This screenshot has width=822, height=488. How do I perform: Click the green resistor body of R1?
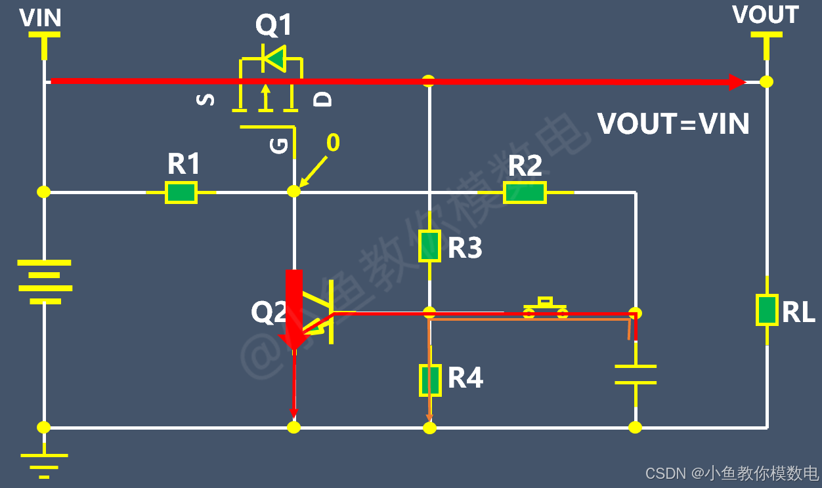pyautogui.click(x=181, y=192)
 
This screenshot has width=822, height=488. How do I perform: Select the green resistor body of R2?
pyautogui.click(x=525, y=192)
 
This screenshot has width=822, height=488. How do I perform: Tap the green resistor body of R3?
pyautogui.click(x=430, y=246)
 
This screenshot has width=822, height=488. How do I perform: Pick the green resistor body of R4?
pyautogui.click(x=430, y=380)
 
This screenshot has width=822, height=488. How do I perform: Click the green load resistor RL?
pyautogui.click(x=767, y=310)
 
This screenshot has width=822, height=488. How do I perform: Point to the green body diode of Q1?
pyautogui.click(x=274, y=58)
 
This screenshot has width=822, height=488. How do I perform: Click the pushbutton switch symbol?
pyautogui.click(x=545, y=308)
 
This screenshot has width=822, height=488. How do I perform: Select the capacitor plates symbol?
pyautogui.click(x=636, y=375)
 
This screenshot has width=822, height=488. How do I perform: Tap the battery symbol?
pyautogui.click(x=45, y=281)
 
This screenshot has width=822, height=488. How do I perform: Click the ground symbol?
pyautogui.click(x=44, y=466)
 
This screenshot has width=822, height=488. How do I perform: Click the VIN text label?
pyautogui.click(x=40, y=18)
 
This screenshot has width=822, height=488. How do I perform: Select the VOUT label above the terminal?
pyautogui.click(x=766, y=14)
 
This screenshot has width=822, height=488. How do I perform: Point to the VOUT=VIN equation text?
pyautogui.click(x=673, y=123)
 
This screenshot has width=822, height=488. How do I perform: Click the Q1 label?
pyautogui.click(x=274, y=24)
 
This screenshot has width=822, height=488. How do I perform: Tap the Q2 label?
pyautogui.click(x=269, y=312)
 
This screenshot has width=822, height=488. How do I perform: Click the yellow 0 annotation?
pyautogui.click(x=333, y=142)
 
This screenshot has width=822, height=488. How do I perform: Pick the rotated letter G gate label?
pyautogui.click(x=279, y=146)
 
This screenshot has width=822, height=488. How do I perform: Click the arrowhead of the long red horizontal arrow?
pyautogui.click(x=737, y=82)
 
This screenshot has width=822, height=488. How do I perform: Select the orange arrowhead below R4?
pyautogui.click(x=429, y=418)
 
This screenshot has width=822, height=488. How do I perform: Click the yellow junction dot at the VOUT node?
pyautogui.click(x=767, y=82)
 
